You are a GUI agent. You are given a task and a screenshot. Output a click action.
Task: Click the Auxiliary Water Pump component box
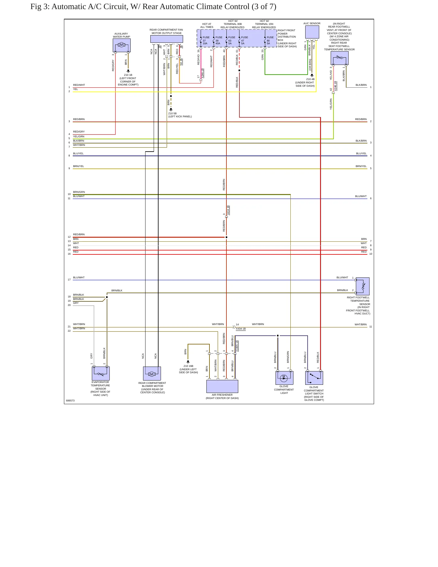122,45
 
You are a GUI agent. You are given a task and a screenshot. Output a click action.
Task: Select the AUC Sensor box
312,32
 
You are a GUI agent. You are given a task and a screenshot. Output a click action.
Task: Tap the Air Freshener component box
222,386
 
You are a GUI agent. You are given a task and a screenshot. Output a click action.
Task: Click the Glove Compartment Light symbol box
284,378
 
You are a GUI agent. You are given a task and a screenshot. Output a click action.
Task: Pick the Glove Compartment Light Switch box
314,378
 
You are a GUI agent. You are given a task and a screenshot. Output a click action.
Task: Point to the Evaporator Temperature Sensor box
101,374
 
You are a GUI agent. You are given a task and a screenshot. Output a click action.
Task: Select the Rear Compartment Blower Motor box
152,374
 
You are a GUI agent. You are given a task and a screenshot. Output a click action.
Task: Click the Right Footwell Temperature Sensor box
363,286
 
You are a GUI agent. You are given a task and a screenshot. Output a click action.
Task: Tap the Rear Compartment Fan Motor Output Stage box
167,39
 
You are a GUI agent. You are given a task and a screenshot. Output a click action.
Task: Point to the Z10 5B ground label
172,113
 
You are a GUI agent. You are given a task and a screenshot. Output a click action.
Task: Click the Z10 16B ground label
188,366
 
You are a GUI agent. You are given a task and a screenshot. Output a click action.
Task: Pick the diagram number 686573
70,401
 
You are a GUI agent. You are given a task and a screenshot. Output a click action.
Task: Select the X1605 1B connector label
237,346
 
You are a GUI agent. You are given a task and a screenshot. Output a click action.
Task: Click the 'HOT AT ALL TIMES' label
207,25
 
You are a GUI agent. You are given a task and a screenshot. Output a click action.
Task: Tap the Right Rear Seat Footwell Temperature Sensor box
339,58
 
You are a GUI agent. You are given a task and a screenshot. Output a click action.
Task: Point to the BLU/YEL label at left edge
78,153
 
